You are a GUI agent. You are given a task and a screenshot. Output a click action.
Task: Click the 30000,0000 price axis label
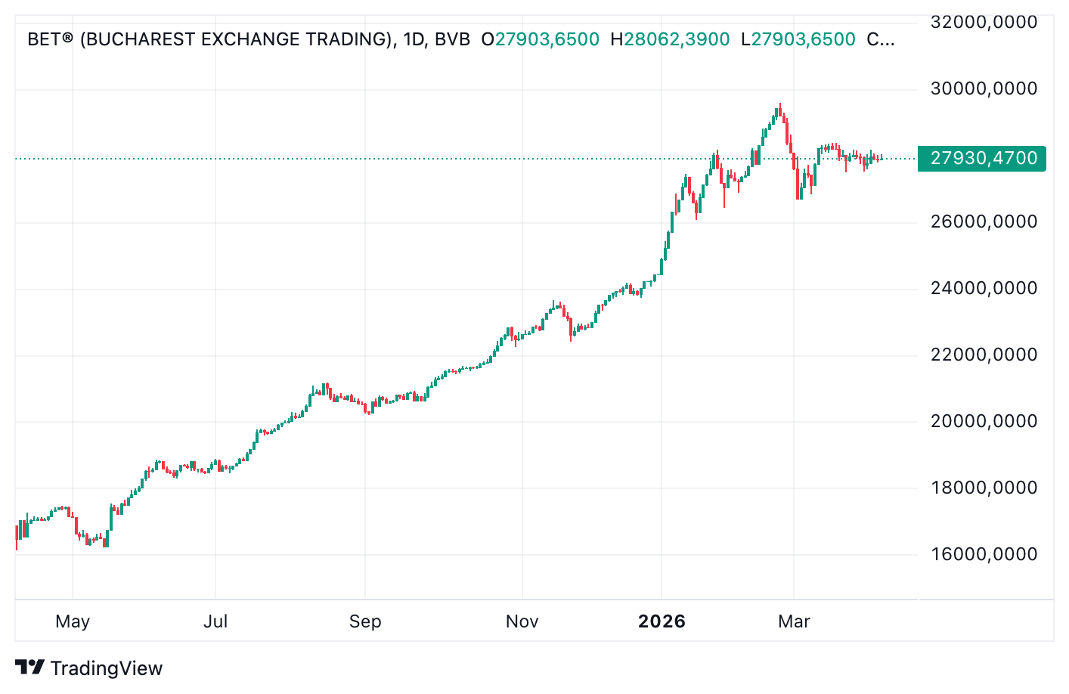[x=984, y=89]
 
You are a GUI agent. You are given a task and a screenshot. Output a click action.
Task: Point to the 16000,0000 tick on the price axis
[x=984, y=555]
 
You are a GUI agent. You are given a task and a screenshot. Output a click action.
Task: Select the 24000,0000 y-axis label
[x=984, y=289]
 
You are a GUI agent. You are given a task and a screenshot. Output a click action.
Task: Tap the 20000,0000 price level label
[x=984, y=422]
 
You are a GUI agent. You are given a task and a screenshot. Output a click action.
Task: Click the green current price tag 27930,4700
[x=983, y=159]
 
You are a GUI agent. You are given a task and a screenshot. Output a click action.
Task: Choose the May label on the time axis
[x=73, y=622]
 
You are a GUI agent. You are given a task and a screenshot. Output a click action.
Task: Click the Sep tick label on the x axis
[x=365, y=622]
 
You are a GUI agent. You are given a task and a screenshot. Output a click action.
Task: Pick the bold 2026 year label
[x=662, y=622]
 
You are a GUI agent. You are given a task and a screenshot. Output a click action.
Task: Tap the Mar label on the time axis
[x=794, y=622]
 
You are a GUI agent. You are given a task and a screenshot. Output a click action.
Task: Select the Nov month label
[x=522, y=622]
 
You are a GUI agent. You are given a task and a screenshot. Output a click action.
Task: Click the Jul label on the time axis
[x=215, y=622]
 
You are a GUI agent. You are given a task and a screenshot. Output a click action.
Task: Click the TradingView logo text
[x=106, y=669]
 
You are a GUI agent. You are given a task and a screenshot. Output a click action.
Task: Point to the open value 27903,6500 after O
[x=547, y=39]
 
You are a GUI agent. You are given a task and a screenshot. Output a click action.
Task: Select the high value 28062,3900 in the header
[x=677, y=39]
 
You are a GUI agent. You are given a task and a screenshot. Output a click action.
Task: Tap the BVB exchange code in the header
[x=452, y=39]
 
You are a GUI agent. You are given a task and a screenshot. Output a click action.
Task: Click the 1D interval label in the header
[x=414, y=39]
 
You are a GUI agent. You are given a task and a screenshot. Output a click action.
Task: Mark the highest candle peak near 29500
[x=780, y=105]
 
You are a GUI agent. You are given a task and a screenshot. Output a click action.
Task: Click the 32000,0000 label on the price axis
[x=984, y=23]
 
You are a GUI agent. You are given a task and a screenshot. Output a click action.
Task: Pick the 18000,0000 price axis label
[x=984, y=488]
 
